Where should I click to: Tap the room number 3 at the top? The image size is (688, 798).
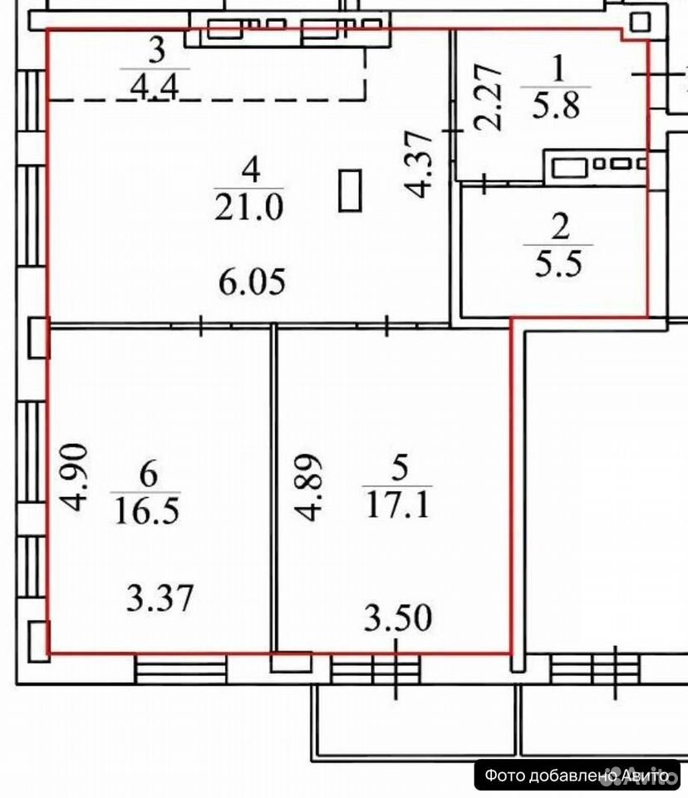pos(156,51)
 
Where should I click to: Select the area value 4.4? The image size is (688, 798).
pos(155,86)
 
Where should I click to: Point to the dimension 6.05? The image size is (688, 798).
pos(252,282)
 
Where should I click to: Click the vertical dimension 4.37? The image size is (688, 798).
pos(419,164)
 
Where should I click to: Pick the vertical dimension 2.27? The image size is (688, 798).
pos(488,97)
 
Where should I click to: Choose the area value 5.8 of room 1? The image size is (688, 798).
pos(556,106)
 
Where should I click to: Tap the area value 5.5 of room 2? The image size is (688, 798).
pos(558,264)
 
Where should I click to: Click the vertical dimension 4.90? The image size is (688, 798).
pos(74,477)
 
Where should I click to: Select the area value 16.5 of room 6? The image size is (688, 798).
pos(147,511)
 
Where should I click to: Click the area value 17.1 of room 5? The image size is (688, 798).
pos(399,505)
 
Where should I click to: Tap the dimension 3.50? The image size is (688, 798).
pos(398,618)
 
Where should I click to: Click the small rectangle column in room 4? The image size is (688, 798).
pos(350,190)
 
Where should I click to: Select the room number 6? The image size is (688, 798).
pos(148,475)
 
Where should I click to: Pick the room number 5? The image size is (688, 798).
pos(400,467)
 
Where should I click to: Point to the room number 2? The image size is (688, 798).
pos(560,227)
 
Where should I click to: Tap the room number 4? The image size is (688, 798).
pos(251,170)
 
